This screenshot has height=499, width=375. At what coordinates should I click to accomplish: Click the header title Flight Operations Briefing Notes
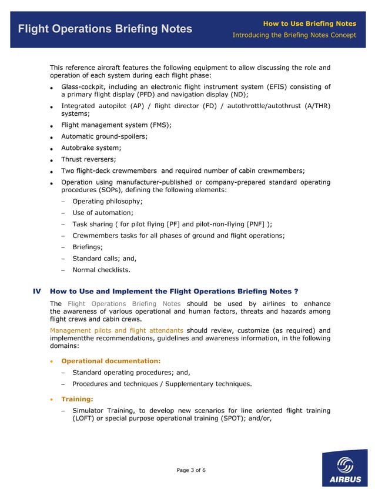tap(105, 29)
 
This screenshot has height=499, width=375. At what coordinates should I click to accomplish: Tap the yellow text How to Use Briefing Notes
tap(309, 24)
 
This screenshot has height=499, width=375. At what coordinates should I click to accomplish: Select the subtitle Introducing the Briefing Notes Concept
tap(294, 35)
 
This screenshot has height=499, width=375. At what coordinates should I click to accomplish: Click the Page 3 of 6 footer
tap(191, 470)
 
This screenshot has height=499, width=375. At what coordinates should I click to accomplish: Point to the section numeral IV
tap(36, 291)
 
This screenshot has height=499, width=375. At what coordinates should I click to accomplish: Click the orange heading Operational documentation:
tap(111, 361)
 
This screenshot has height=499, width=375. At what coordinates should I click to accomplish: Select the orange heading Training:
tap(77, 399)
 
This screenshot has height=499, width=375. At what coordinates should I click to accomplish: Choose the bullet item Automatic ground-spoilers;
tap(104, 136)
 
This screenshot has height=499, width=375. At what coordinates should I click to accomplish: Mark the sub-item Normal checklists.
tap(101, 270)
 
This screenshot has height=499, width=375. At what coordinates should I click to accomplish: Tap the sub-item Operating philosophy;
tap(107, 201)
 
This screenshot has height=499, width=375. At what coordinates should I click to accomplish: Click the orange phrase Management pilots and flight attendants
tap(116, 330)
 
